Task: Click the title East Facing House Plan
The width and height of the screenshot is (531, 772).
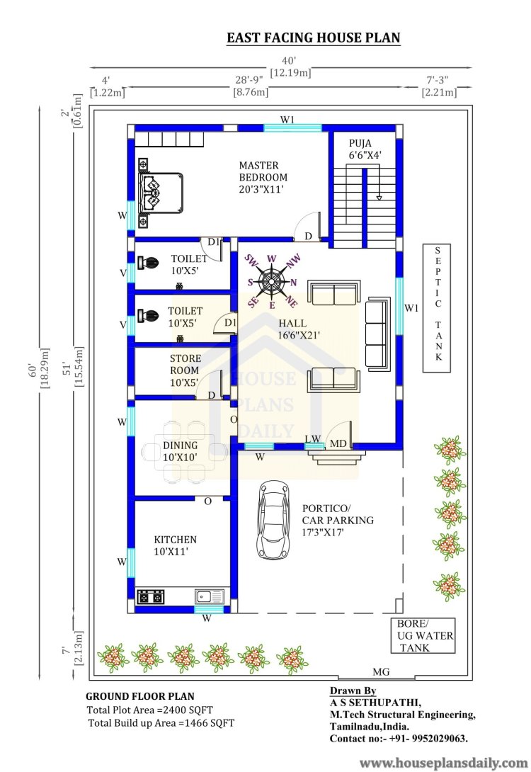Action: [x=313, y=38]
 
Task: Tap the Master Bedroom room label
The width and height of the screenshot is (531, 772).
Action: [x=263, y=177]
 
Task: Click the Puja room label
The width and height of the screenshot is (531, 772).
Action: [x=365, y=149]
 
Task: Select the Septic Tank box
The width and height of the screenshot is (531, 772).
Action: [x=438, y=308]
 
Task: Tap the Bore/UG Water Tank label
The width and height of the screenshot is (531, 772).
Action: [x=422, y=635]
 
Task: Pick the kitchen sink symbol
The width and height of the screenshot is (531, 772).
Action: [x=210, y=596]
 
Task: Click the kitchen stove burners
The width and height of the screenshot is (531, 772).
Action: [x=150, y=597]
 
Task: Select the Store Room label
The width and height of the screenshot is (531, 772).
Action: [x=185, y=370]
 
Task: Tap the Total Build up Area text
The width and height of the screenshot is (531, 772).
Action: [x=161, y=723]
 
